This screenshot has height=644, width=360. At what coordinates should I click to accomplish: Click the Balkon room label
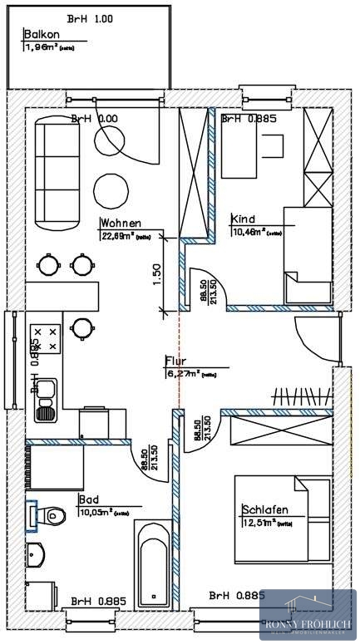click(41, 35)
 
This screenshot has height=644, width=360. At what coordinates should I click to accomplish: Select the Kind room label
click(244, 219)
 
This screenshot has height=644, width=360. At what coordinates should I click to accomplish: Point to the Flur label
click(175, 361)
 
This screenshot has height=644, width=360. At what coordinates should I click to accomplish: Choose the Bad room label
click(88, 500)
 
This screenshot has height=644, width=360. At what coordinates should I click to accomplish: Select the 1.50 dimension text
click(156, 274)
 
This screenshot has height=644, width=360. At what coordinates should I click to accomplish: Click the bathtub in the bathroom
click(154, 563)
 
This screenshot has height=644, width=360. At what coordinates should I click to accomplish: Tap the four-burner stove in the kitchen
click(47, 337)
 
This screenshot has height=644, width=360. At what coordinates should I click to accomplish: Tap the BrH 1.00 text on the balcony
click(91, 18)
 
